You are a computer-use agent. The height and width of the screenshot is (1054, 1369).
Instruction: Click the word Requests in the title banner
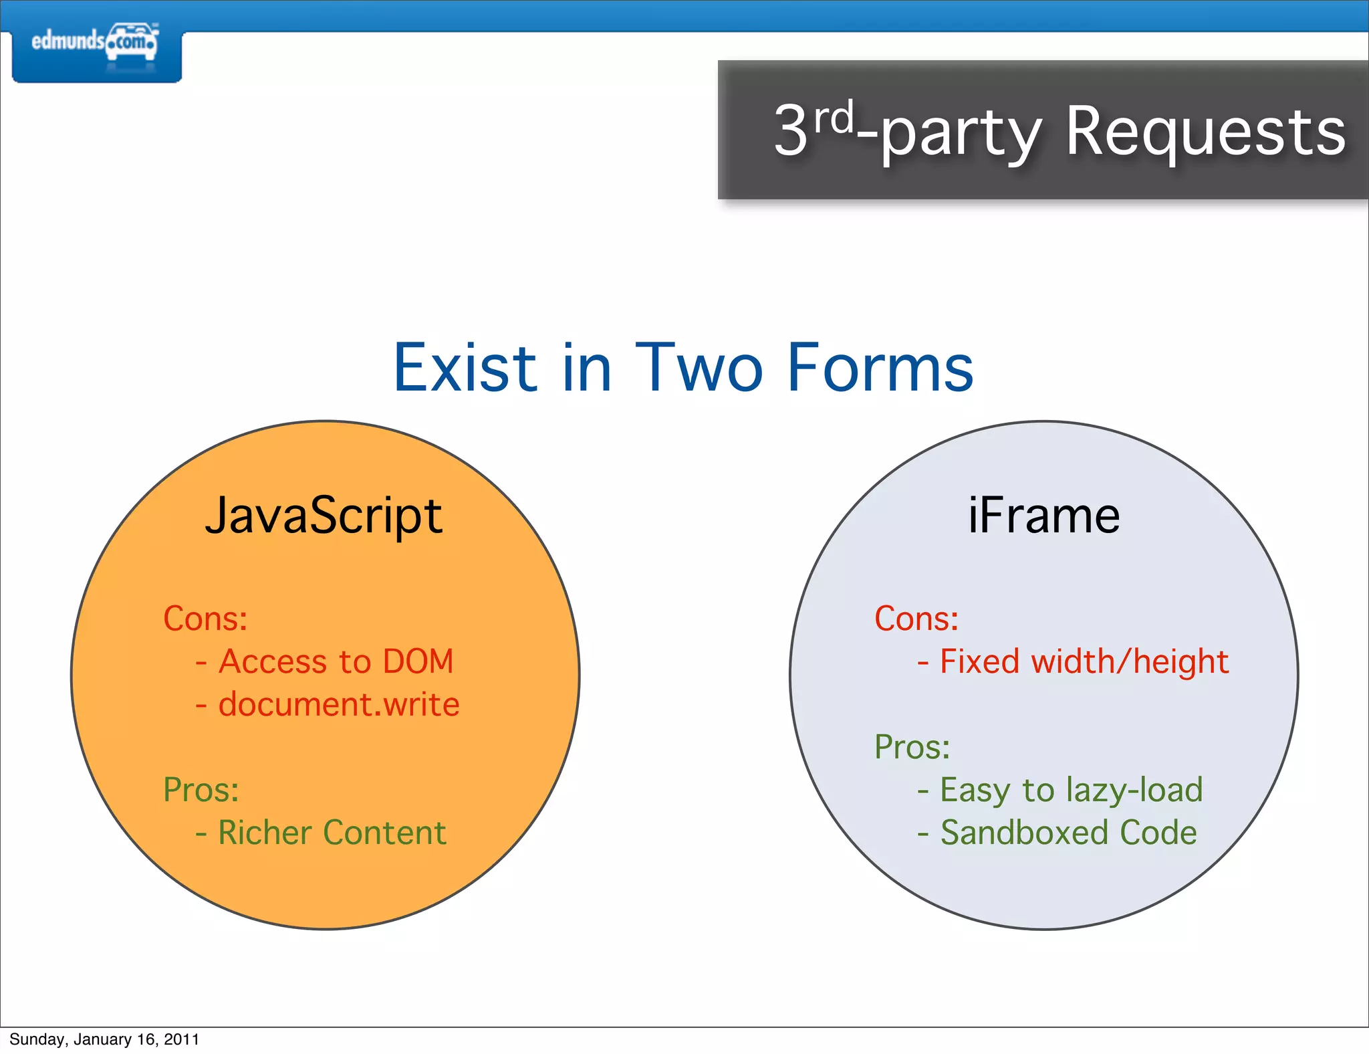1205,132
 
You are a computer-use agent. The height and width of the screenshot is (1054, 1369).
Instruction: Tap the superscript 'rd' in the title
834,118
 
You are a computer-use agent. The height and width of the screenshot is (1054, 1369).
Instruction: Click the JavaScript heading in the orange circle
324,516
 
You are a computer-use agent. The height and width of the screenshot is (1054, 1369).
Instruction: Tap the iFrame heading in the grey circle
1043,516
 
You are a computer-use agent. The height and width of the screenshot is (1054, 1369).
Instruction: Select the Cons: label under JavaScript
205,619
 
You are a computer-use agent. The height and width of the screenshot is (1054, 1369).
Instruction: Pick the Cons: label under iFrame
916,619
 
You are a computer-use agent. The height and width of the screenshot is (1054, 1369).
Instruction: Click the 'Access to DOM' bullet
336,661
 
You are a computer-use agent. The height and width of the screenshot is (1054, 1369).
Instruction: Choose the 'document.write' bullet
338,704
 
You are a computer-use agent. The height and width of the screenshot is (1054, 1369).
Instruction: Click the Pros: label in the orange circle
201,790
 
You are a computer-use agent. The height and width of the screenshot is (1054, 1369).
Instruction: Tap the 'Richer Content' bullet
332,833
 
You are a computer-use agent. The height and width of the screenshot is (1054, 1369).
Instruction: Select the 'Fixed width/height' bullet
1084,661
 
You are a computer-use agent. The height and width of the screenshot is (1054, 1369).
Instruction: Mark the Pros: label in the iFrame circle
912,747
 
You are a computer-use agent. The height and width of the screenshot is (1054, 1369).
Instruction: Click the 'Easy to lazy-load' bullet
1071,790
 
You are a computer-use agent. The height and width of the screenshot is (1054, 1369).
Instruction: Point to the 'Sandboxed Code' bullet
1068,833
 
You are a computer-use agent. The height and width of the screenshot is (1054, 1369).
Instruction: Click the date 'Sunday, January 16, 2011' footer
104,1039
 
